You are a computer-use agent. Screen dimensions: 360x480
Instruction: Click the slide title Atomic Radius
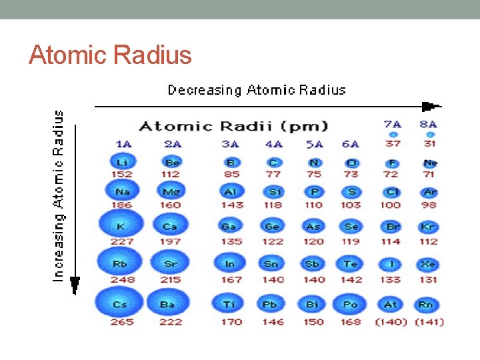coord(110,55)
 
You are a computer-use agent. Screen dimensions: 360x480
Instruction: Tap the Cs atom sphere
coord(120,304)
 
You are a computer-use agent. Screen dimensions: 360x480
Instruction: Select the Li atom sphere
coord(121,163)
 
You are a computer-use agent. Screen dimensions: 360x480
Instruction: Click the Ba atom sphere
coord(168,304)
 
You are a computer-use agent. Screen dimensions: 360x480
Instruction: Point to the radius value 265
coord(121,322)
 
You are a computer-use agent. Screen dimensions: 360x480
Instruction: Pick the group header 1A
coord(123,143)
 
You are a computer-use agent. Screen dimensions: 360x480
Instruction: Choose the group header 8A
coord(428,123)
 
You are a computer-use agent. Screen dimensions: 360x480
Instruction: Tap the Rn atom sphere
coord(426,305)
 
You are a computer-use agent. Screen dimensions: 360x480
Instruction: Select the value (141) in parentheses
coord(429,322)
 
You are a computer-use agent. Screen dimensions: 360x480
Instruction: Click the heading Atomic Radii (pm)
coord(233,126)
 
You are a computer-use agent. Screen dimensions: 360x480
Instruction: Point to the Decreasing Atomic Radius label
coord(257,90)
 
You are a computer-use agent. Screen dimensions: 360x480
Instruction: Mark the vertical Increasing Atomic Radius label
coord(59,195)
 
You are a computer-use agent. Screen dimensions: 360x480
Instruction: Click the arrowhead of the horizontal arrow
coord(431,106)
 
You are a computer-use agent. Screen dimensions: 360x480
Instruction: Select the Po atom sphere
coord(350,304)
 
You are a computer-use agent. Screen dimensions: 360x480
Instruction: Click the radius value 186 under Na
coord(121,205)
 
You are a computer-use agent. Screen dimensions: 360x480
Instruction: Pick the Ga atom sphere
coord(229,227)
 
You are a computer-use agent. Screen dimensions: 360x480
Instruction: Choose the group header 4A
coord(274,143)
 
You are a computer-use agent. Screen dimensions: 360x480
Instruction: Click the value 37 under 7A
coord(393,143)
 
